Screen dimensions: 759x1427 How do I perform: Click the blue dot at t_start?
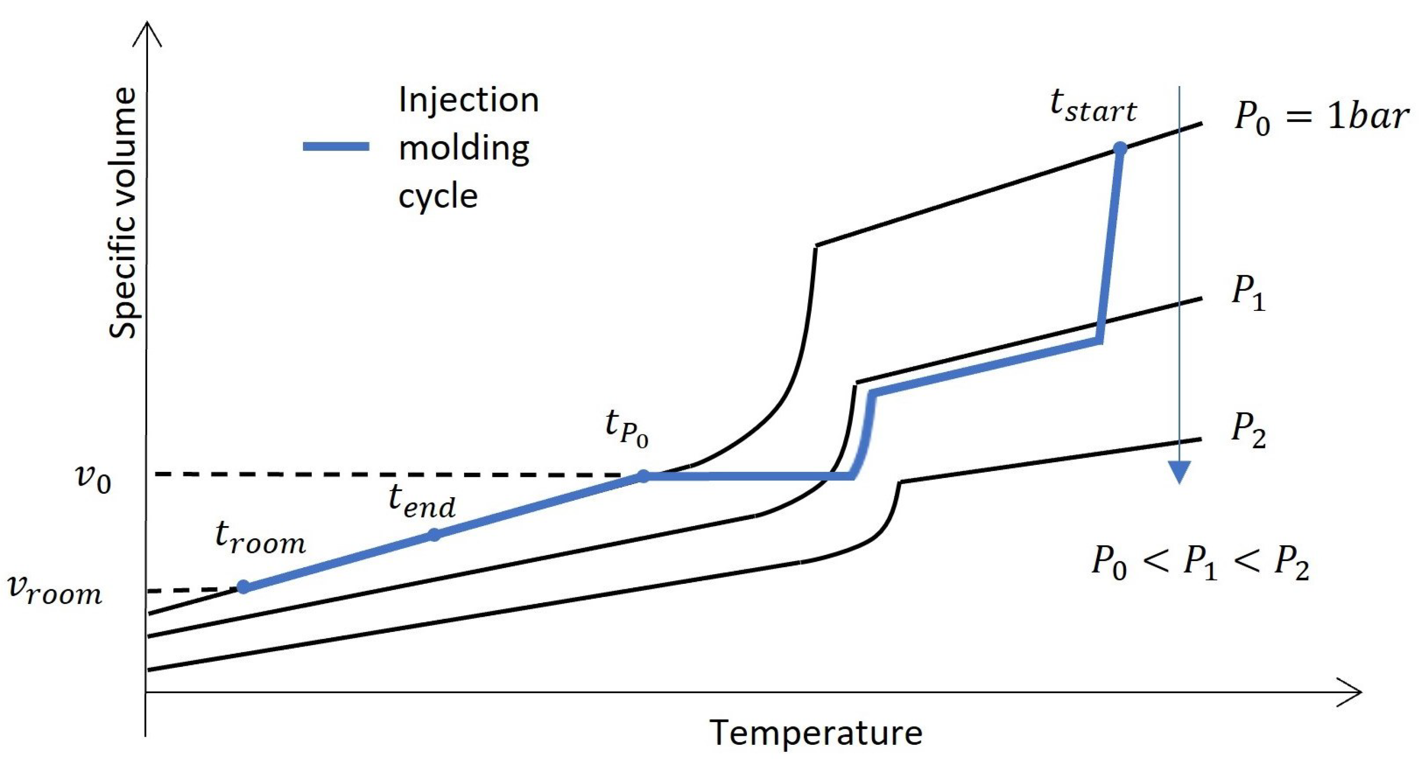[1119, 148]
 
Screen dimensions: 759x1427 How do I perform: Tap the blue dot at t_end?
[434, 535]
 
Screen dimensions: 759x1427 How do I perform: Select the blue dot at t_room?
[243, 587]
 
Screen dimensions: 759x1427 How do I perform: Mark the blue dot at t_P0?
[643, 476]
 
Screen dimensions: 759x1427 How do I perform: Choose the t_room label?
[260, 539]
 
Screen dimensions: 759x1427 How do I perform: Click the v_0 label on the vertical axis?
[93, 478]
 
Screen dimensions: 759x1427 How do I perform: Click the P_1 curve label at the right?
[1249, 293]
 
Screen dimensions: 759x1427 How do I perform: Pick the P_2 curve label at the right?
[1249, 431]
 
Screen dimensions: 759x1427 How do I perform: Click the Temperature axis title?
[815, 734]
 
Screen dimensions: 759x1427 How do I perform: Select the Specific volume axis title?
[123, 213]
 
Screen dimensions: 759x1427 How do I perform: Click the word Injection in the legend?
[468, 100]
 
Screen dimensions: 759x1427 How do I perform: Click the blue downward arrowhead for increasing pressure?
[1179, 472]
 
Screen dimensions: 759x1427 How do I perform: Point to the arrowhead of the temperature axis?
[1351, 692]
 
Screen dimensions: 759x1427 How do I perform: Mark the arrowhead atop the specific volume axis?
[147, 33]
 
